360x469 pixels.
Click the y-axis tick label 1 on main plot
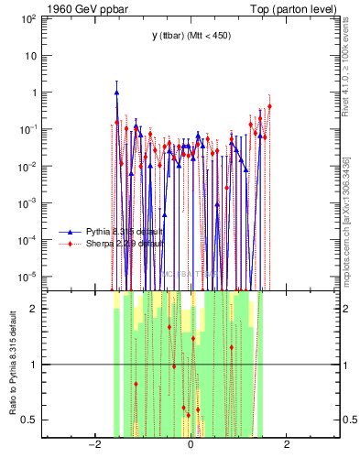[x=33, y=93]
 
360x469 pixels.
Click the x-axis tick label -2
[x=93, y=445]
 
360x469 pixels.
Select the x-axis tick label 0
[x=191, y=445]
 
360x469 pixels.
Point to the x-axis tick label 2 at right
[x=287, y=445]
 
